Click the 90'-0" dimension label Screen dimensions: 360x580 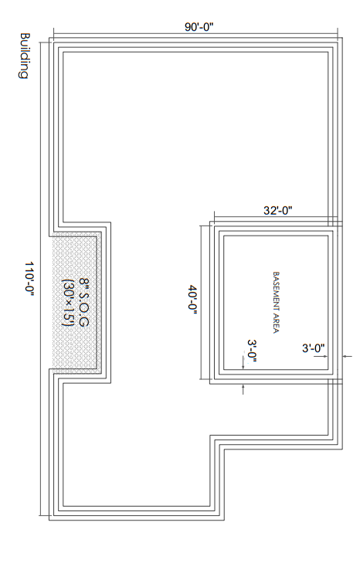click(199, 27)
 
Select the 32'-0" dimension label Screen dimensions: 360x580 click(277, 211)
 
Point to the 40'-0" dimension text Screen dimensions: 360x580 click(193, 299)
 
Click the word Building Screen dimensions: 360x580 click(24, 56)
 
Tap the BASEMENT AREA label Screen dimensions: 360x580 click(276, 303)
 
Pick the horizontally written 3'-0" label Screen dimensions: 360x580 click(313, 348)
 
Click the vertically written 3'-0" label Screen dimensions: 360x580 click(253, 351)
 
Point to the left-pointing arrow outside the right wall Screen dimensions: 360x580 click(348, 356)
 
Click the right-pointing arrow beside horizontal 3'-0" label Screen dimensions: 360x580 click(321, 356)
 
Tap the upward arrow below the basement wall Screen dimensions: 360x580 click(243, 389)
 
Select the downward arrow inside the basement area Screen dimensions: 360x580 click(243, 363)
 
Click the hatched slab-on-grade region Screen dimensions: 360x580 click(76, 303)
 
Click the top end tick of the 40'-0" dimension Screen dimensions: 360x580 click(201, 226)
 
